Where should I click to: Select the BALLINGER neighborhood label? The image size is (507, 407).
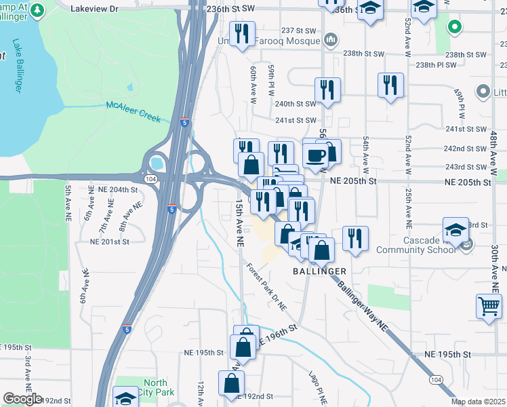tap(319, 271)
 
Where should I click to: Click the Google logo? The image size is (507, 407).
tap(22, 399)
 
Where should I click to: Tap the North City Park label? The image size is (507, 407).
tap(155, 387)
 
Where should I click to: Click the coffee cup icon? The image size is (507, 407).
tap(315, 155)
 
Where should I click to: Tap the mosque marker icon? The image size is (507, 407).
tap(330, 40)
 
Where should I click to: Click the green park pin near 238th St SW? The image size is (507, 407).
tap(453, 28)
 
